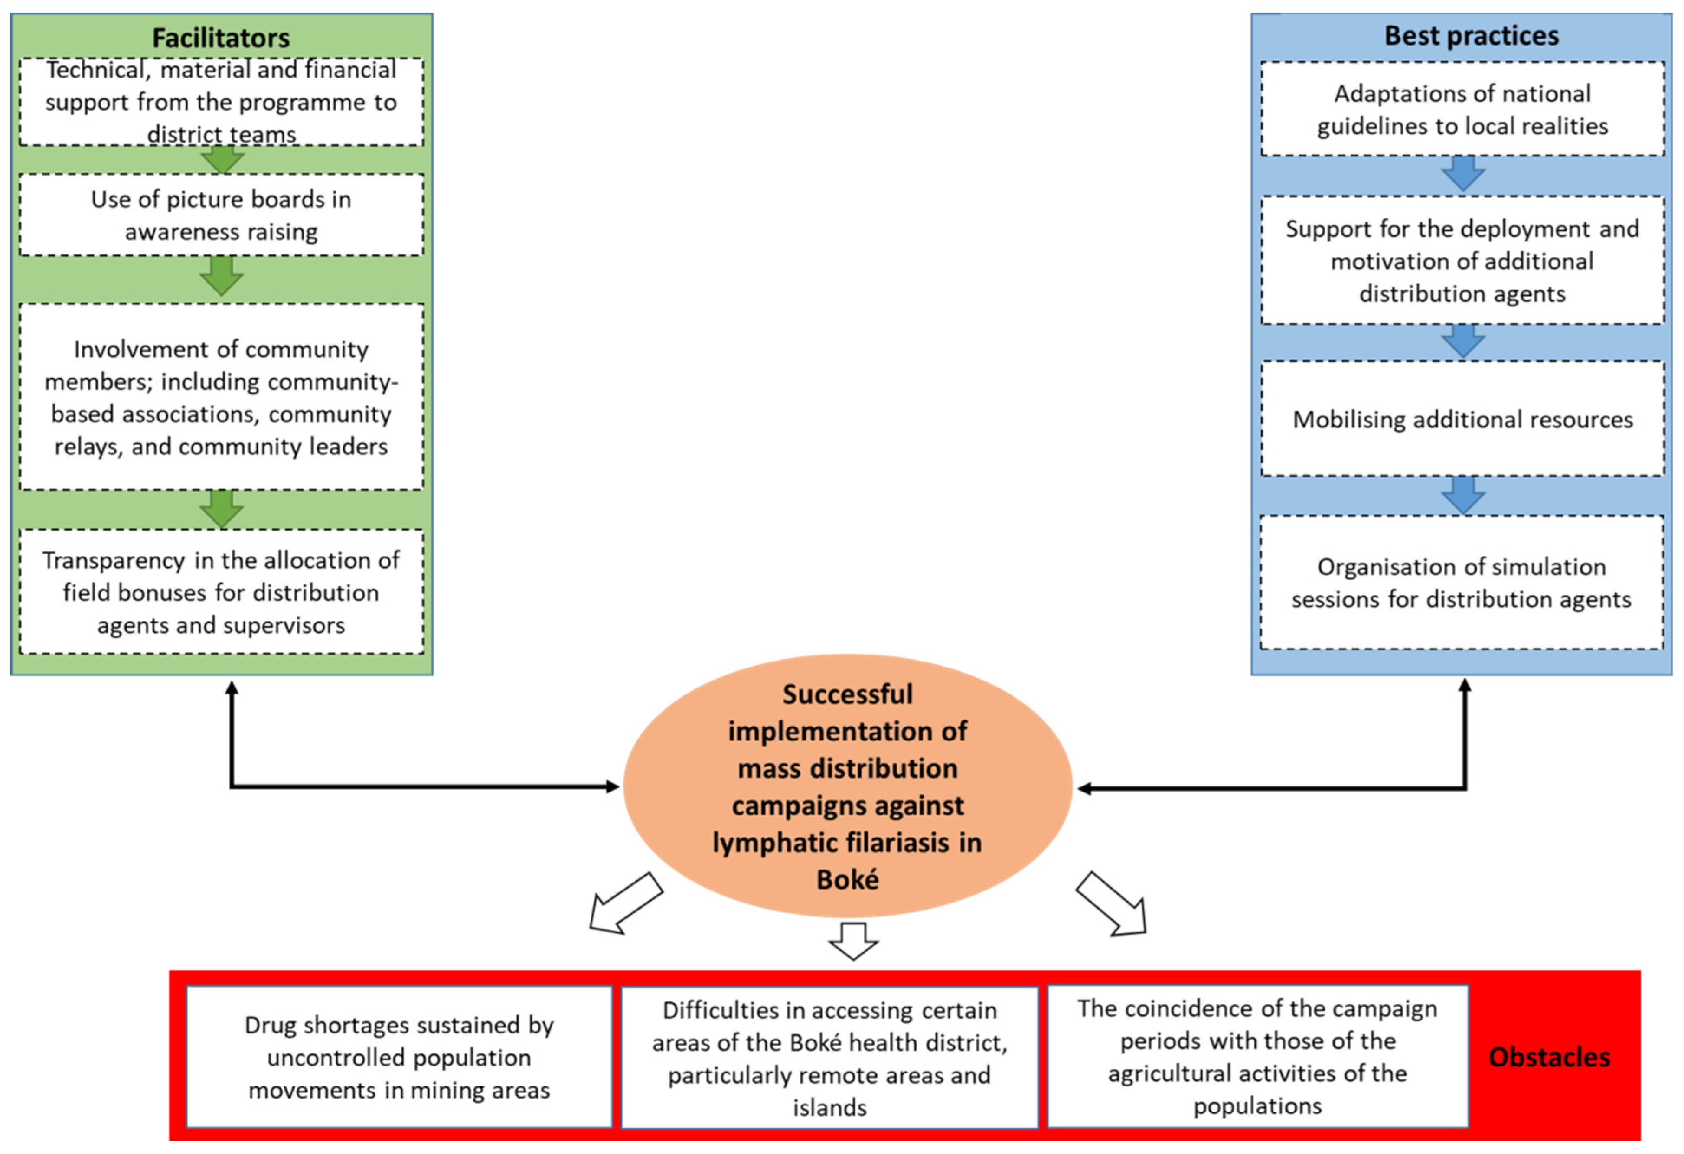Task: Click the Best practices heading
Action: point(1471,36)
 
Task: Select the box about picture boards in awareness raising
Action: point(221,215)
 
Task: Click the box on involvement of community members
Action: point(221,397)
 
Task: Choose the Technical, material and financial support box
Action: point(221,101)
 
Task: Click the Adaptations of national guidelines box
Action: point(1462,109)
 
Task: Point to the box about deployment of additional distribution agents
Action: point(1462,261)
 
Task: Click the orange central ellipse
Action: point(847,786)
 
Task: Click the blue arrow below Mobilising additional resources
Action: point(1463,496)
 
